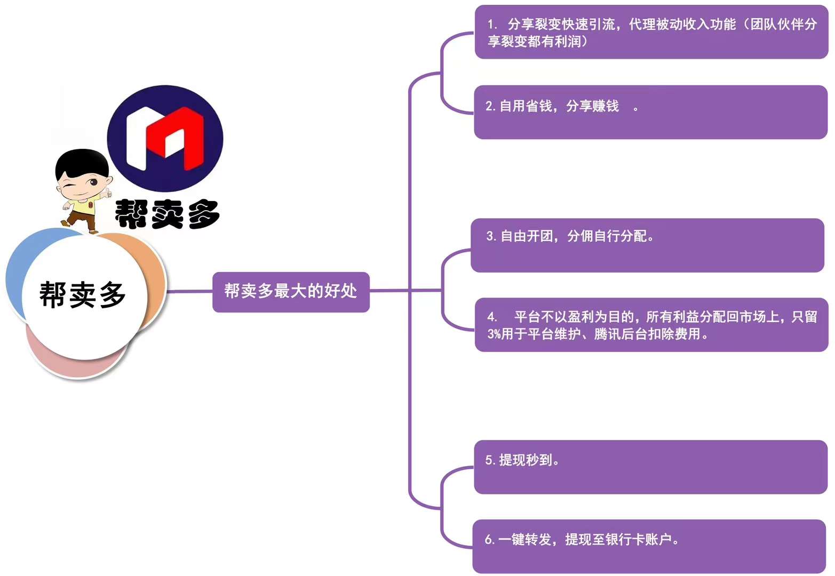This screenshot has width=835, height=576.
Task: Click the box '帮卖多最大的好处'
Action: (x=291, y=292)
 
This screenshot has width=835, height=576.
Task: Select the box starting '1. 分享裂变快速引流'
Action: (x=651, y=32)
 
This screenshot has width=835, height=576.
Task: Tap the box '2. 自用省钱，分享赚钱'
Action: (x=650, y=112)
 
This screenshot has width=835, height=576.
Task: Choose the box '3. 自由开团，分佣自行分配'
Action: (x=648, y=245)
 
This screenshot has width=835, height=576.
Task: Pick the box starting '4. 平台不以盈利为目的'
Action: (x=651, y=324)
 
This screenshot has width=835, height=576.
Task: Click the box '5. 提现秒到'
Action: (x=650, y=467)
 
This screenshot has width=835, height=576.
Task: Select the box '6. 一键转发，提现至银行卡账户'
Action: (x=649, y=546)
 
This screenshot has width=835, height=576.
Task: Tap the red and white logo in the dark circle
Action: (x=165, y=139)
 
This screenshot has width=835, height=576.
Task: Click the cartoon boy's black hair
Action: (x=82, y=164)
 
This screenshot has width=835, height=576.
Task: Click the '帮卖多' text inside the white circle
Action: (x=82, y=294)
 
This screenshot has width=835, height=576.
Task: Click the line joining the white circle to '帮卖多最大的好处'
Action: (x=189, y=291)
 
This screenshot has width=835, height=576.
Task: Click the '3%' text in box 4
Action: (x=494, y=334)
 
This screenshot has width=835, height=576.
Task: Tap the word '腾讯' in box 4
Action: (x=608, y=334)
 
